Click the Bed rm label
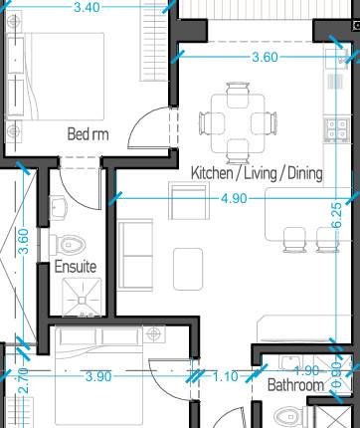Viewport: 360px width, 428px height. pyautogui.click(x=87, y=133)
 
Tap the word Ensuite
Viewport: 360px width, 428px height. pyautogui.click(x=75, y=267)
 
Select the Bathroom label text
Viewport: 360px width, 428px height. pyautogui.click(x=296, y=384)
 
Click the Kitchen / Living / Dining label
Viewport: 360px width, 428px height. pyautogui.click(x=257, y=173)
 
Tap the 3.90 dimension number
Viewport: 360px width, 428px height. pyautogui.click(x=98, y=376)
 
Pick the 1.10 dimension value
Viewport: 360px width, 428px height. pyautogui.click(x=227, y=376)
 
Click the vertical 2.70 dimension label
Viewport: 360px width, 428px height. pyautogui.click(x=24, y=379)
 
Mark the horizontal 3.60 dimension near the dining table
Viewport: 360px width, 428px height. pyautogui.click(x=265, y=57)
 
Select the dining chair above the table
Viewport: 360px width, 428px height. pyautogui.click(x=238, y=93)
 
